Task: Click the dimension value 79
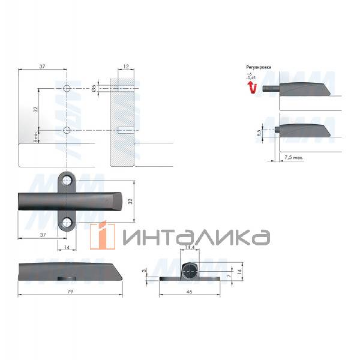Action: click(70, 291)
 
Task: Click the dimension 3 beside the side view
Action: click(144, 271)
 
